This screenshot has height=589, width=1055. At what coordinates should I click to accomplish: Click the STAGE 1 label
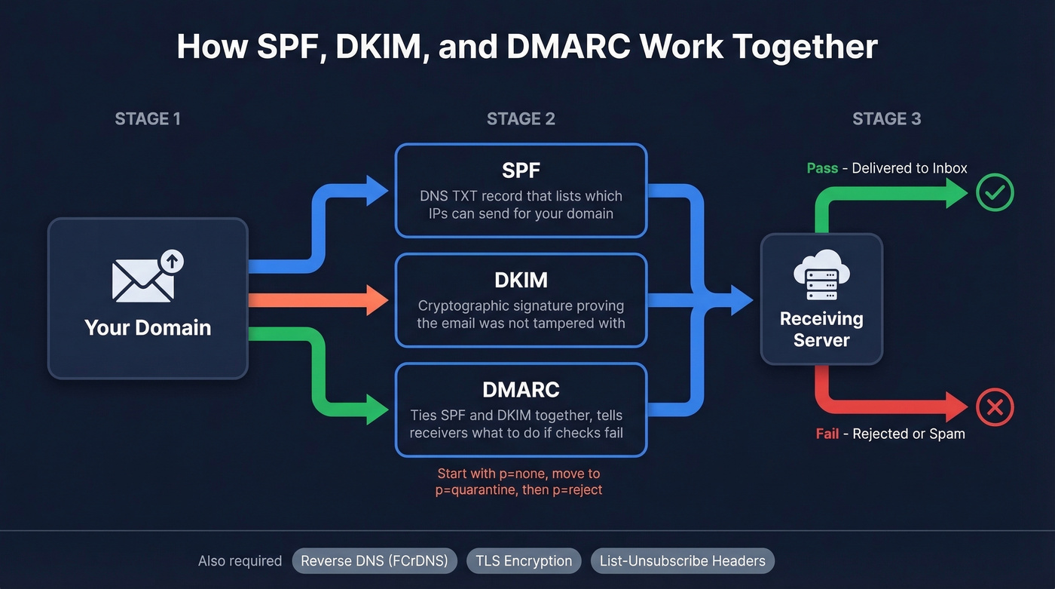147,118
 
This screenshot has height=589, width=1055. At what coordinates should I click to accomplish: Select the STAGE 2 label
521,118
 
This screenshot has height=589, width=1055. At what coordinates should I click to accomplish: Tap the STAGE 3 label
886,118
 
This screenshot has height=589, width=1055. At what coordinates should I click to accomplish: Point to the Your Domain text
148,327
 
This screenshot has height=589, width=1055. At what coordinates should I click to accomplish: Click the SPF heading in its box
521,170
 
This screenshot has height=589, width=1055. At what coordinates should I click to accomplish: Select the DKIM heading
521,280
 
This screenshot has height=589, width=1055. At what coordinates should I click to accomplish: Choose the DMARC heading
521,389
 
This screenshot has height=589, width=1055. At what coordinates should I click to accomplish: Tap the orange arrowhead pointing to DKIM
377,300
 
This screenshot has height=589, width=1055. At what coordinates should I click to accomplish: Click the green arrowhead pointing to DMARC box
377,410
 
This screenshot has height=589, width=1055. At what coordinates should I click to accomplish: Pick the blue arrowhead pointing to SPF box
377,190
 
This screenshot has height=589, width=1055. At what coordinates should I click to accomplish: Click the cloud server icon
821,275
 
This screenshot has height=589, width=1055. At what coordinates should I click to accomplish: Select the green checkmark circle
995,193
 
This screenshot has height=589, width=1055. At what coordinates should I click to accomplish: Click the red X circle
995,408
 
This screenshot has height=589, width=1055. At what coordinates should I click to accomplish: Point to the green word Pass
822,168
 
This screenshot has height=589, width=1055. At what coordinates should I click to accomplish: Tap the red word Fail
827,434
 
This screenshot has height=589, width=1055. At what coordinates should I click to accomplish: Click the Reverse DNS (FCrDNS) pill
375,561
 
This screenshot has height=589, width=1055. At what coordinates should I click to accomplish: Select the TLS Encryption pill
524,561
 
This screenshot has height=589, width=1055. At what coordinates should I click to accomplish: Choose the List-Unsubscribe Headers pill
682,561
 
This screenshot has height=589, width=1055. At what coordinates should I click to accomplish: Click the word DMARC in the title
567,47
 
